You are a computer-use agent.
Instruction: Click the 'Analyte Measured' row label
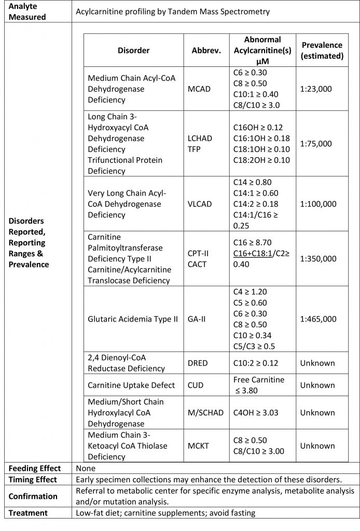[x=27, y=11]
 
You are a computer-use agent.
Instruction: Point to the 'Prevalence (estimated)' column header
[x=322, y=50]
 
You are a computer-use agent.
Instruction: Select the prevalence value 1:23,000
[x=316, y=89]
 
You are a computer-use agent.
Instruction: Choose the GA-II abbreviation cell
[x=197, y=319]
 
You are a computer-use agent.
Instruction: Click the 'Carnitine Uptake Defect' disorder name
[x=132, y=385]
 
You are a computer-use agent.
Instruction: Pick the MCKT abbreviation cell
[x=199, y=445]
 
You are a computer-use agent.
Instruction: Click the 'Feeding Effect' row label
[x=35, y=468]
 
